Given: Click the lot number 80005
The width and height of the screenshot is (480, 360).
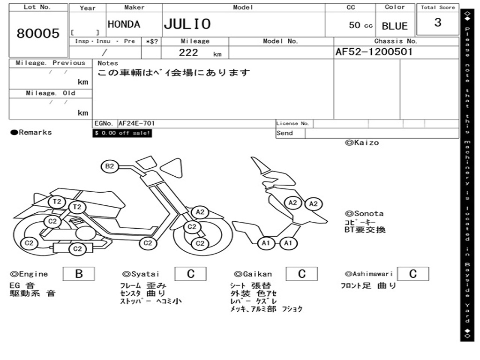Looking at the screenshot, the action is point(38,33).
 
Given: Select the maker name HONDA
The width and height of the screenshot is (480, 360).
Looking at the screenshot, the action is point(124,24).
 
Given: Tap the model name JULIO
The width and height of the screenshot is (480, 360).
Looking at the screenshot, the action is point(187,24).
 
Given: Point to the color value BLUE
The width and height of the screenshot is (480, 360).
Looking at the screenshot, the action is point(395,26).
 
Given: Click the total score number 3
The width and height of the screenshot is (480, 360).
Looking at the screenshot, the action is point(438,22).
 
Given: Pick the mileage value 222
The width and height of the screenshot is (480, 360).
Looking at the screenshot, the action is point(188,52).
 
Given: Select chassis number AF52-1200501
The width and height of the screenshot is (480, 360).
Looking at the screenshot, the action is point(374,52).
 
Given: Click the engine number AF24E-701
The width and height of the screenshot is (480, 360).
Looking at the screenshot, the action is point(136,123).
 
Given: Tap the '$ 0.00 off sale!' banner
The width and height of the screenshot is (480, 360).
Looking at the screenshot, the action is point(122,133).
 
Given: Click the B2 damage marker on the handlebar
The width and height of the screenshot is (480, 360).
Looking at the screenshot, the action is point(110,166).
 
